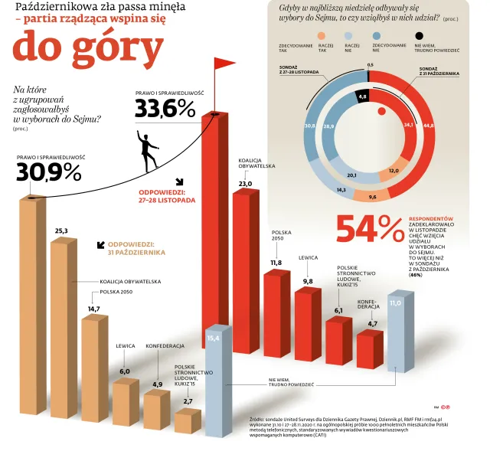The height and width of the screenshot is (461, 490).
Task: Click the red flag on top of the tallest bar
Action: (x=225, y=64)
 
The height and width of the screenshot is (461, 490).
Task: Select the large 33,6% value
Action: (x=165, y=109)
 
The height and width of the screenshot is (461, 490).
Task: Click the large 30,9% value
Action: (x=48, y=173)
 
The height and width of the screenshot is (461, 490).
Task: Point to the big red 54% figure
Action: (x=370, y=228)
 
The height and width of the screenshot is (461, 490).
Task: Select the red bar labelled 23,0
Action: (x=246, y=272)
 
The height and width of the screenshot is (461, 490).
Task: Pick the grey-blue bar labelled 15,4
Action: (x=217, y=383)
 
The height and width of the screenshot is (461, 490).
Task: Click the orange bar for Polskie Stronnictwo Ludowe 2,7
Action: (x=188, y=421)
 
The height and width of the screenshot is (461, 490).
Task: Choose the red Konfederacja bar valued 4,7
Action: (x=370, y=349)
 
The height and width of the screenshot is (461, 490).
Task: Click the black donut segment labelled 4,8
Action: (x=363, y=97)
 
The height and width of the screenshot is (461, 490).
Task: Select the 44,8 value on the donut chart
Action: (x=428, y=125)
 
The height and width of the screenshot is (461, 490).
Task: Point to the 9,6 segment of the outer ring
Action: (x=373, y=197)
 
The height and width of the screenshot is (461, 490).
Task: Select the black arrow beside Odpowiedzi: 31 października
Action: (x=100, y=246)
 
